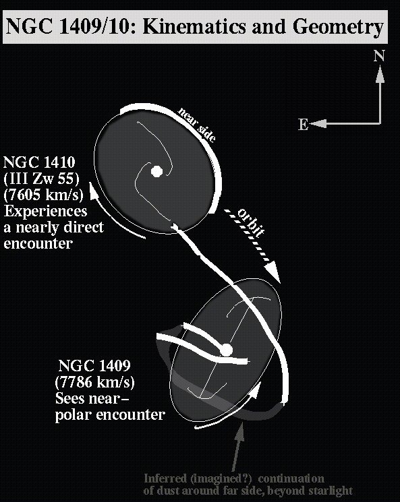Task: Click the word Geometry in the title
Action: pos(338,27)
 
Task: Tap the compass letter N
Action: pos(379,56)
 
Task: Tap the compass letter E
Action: pos(303,124)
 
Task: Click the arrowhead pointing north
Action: pos(380,74)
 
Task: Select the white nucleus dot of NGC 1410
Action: pos(156,171)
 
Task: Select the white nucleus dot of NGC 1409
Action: pos(226,350)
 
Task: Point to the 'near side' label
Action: pos(196,125)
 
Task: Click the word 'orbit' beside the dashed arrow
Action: pos(252,222)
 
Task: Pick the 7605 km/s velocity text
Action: pos(43,195)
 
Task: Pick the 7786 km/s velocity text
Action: pos(95,382)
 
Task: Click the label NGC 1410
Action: pos(39,162)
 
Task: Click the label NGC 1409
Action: pos(94,365)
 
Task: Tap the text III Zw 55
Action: pos(41,179)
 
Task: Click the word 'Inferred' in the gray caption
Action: pos(165,479)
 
